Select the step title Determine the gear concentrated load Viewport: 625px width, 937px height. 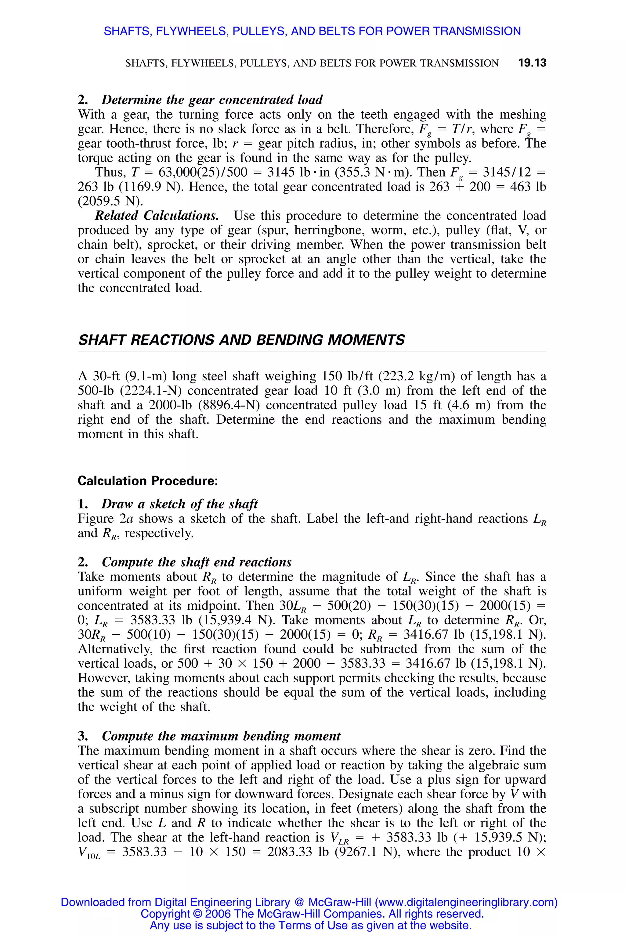(212, 100)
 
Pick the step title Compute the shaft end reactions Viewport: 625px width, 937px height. (197, 562)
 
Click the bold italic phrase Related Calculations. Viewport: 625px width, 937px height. (157, 216)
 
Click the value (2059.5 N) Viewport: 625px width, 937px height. (110, 201)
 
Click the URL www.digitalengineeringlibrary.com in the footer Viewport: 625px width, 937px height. (466, 902)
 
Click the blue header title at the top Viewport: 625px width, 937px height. (312, 31)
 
